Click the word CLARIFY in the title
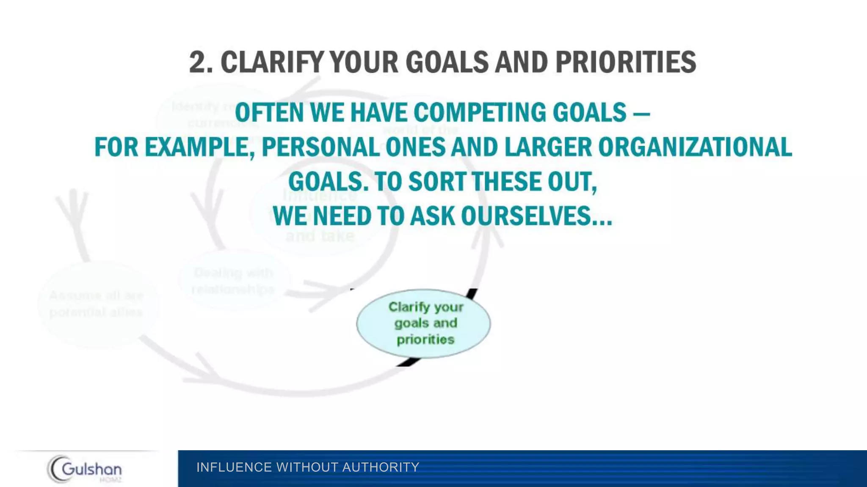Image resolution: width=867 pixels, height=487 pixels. click(x=272, y=62)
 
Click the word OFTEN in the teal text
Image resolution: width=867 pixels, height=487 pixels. click(x=269, y=112)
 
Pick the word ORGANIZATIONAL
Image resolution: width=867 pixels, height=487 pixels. click(x=695, y=147)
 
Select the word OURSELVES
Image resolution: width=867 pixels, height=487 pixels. click(x=536, y=216)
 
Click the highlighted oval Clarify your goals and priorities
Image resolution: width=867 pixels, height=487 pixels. click(x=423, y=323)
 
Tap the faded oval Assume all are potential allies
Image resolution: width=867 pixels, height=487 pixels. click(x=97, y=304)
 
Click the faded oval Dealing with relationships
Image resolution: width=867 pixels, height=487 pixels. click(x=234, y=281)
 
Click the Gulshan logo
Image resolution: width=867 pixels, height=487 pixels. click(x=85, y=469)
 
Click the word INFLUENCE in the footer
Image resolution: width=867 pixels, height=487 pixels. click(x=234, y=467)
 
